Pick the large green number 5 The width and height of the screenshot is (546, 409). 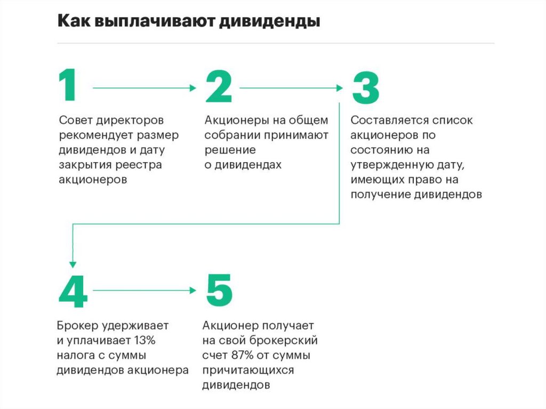point(219,291)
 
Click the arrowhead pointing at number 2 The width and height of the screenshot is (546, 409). point(194,87)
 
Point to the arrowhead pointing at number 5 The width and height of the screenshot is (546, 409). point(194,290)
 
